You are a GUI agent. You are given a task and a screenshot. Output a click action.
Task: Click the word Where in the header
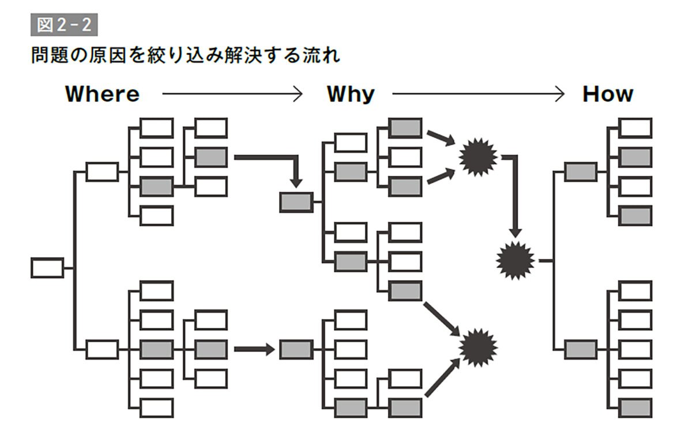pos(102,94)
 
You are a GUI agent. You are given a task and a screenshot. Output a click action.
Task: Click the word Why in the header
pos(351,94)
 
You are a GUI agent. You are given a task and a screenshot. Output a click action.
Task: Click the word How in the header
pos(608,94)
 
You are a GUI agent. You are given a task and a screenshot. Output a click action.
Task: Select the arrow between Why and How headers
pos(477,94)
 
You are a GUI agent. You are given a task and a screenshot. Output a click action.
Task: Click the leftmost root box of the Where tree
pos(47,268)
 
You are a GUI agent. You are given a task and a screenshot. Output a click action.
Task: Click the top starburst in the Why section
pos(478,157)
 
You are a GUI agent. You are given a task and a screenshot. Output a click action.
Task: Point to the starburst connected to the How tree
pos(516,260)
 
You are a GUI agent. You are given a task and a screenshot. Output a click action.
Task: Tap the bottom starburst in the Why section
pos(478,347)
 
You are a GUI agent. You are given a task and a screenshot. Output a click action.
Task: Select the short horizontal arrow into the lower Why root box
pos(254,349)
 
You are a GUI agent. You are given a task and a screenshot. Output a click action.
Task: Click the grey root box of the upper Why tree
pos(296,202)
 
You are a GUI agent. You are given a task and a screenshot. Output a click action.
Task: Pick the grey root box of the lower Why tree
pos(296,349)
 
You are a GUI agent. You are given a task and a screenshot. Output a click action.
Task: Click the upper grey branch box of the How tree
pos(580,172)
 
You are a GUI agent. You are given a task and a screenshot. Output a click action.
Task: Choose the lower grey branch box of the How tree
pos(580,349)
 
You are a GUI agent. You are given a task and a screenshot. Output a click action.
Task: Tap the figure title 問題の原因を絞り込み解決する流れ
pos(185,57)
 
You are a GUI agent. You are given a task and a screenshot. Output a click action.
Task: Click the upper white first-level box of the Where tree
pos(102,172)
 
